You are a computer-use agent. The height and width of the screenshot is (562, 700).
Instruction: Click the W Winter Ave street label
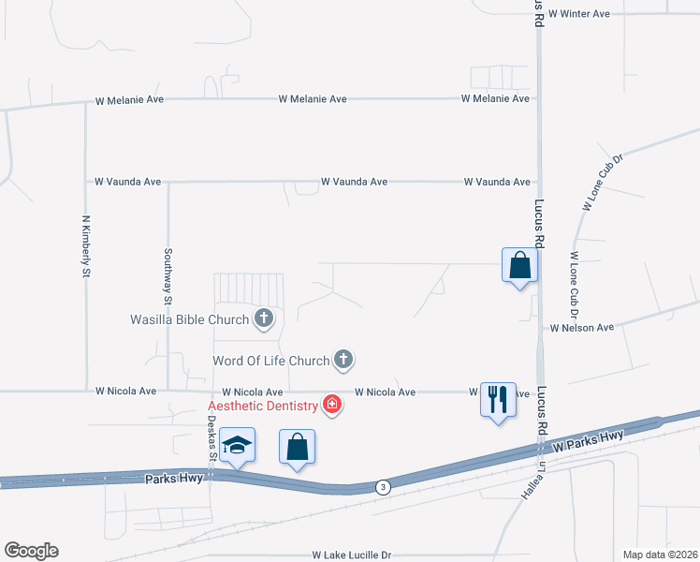[579, 14]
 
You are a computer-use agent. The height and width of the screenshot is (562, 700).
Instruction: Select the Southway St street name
[168, 277]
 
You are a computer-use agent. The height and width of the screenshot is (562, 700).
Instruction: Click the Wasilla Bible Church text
[189, 319]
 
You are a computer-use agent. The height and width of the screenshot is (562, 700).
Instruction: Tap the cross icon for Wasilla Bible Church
[264, 319]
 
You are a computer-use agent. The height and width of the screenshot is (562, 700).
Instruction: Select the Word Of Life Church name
[271, 361]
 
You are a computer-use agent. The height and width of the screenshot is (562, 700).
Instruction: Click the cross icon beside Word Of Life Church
[344, 360]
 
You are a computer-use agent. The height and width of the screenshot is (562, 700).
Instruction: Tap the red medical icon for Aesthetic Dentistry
[331, 405]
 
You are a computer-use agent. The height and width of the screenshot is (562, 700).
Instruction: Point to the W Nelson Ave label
[581, 328]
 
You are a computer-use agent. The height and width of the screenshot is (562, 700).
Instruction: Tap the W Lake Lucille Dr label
[352, 555]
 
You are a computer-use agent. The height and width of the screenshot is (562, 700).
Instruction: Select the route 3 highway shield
[382, 487]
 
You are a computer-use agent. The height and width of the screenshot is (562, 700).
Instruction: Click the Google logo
[31, 551]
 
